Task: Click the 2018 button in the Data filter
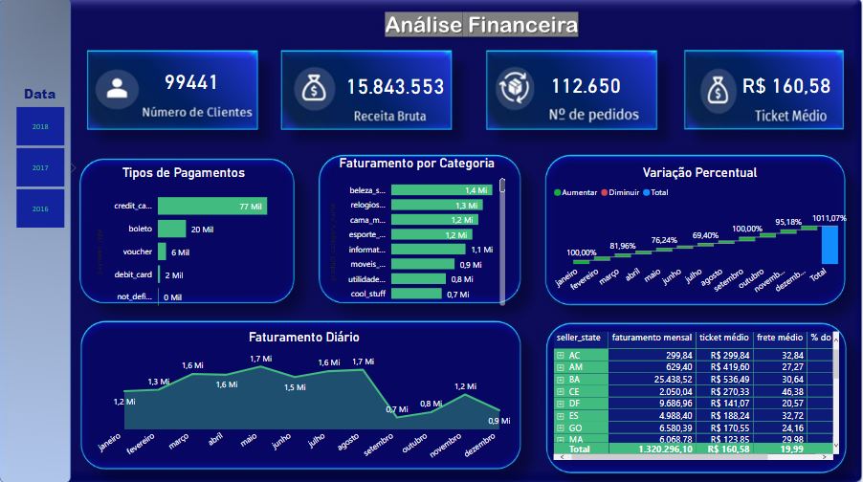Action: pos(40,126)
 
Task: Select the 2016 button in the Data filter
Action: pos(40,208)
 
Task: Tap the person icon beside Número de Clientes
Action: pos(117,90)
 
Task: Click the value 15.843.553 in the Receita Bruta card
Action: pos(395,87)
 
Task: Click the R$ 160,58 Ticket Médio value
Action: pos(786,86)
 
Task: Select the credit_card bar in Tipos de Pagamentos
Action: pos(211,206)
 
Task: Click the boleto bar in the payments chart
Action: pos(171,229)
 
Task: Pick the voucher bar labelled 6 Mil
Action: pos(162,252)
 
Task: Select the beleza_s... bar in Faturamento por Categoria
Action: pos(441,190)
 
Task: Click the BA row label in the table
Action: pos(574,379)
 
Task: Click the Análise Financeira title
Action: pos(481,24)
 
